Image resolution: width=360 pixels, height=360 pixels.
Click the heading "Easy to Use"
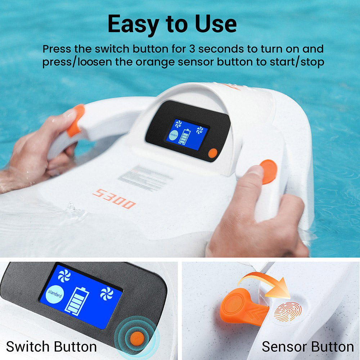pyautogui.click(x=172, y=24)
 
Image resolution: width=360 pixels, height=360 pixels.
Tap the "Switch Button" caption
pyautogui.click(x=51, y=347)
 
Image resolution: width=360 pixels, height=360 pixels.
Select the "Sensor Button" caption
pyautogui.click(x=307, y=347)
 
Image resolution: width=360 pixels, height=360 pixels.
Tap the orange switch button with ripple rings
pyautogui.click(x=137, y=337)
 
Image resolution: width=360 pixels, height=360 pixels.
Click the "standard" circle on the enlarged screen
pyautogui.click(x=55, y=295)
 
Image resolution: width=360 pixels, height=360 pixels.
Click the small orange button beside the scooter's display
pyautogui.click(x=213, y=153)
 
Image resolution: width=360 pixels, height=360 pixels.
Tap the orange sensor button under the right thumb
pyautogui.click(x=269, y=171)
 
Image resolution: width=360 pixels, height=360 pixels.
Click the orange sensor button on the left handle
pyautogui.click(x=76, y=120)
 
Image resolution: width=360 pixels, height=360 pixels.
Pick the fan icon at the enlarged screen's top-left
pyautogui.click(x=64, y=275)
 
